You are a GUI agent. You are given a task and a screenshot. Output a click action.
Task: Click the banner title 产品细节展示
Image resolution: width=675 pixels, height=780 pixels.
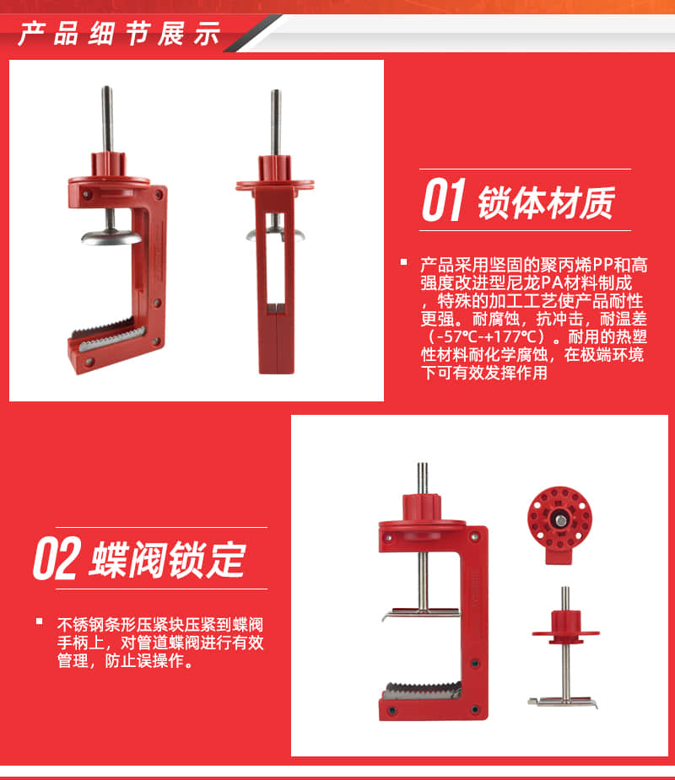click(119, 34)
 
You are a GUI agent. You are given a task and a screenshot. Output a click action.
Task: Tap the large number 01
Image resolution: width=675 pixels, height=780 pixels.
click(444, 200)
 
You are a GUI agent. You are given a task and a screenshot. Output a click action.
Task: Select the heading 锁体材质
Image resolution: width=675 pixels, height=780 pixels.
click(547, 202)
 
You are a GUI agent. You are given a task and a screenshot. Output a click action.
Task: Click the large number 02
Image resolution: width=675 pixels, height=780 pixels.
click(57, 558)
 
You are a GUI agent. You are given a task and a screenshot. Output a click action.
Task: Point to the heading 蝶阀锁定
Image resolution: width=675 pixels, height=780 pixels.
click(167, 560)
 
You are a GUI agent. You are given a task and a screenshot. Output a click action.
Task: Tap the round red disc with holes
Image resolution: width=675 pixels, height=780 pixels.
click(559, 519)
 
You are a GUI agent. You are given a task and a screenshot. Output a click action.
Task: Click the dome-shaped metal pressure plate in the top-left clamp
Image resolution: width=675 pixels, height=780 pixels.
click(111, 237)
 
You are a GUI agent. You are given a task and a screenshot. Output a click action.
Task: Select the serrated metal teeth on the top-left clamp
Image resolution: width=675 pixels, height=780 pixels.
click(108, 334)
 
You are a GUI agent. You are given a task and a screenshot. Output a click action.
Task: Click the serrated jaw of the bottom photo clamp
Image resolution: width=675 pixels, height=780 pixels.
click(422, 691)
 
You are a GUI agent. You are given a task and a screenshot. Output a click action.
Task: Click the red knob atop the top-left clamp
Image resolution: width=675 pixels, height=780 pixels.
click(108, 164)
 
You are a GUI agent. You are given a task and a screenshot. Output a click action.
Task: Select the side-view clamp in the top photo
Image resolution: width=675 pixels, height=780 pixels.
click(275, 232)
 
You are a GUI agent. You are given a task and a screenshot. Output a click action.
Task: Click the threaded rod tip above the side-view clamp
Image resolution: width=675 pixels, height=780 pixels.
click(275, 93)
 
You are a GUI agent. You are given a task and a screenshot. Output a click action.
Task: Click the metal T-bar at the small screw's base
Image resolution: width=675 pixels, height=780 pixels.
click(563, 702)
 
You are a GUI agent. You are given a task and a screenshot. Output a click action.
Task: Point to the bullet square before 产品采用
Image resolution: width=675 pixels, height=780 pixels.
click(403, 262)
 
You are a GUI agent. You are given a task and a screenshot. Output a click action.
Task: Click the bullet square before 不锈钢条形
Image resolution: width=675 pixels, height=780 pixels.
click(40, 621)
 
